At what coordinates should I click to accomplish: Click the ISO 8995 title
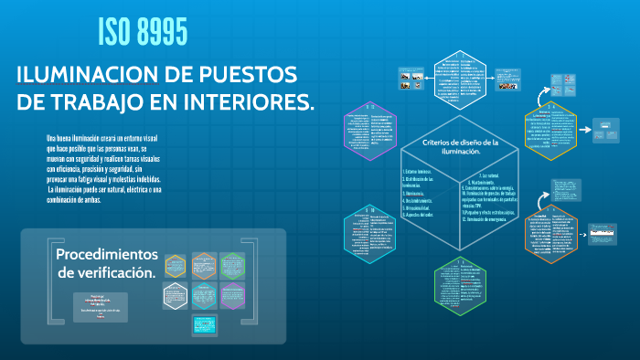point(143,33)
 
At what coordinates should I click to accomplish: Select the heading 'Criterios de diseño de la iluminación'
point(460,147)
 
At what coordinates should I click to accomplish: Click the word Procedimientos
point(107,253)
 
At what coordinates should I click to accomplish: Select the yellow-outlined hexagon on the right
point(549,133)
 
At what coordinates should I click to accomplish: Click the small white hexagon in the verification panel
point(175,295)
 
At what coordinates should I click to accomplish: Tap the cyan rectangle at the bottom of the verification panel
point(203,325)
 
